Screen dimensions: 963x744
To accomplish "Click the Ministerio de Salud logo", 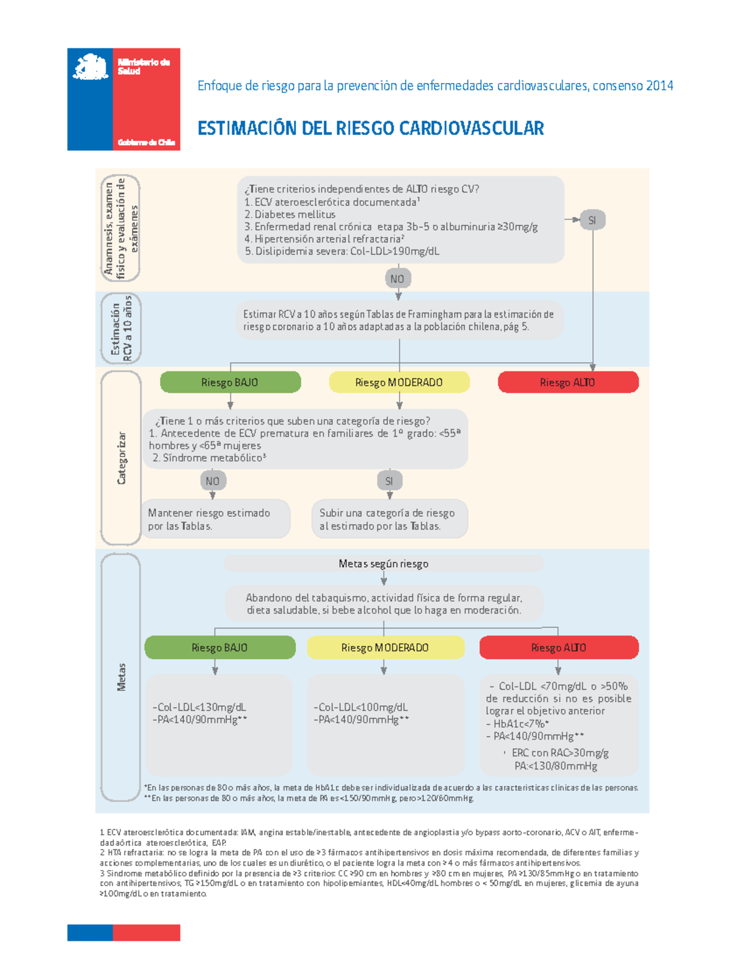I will tap(123, 99).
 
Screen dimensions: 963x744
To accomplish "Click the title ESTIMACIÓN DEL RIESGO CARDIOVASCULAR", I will tap(371, 128).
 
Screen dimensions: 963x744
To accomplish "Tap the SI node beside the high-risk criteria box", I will tap(592, 220).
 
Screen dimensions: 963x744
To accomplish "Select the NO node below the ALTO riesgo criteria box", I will tap(397, 278).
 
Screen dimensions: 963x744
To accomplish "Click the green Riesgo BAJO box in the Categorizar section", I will tap(230, 383).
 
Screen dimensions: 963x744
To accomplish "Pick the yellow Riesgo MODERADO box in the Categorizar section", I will tap(399, 383).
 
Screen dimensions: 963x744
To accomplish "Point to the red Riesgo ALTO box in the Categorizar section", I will tap(568, 383).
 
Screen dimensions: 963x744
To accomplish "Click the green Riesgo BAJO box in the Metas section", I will tap(219, 647).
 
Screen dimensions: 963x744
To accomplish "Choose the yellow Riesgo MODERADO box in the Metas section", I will tap(385, 647).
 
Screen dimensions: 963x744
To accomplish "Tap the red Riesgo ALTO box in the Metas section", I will tap(559, 647).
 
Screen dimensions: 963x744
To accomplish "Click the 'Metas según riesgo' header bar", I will tap(383, 564).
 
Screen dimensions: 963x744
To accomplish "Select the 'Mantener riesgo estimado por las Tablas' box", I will tap(215, 519).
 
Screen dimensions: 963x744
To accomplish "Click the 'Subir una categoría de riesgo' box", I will tap(389, 519).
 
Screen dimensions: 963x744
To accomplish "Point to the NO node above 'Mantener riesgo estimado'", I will tap(213, 481).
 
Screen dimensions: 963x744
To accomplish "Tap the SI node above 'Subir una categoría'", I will tap(389, 481).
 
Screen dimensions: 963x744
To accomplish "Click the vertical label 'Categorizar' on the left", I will tap(122, 458).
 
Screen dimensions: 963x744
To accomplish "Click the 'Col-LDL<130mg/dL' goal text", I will tap(199, 707).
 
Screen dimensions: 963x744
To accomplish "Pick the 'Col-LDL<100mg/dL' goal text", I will tap(361, 707).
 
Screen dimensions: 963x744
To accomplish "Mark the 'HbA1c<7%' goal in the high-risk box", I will tap(521, 724).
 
